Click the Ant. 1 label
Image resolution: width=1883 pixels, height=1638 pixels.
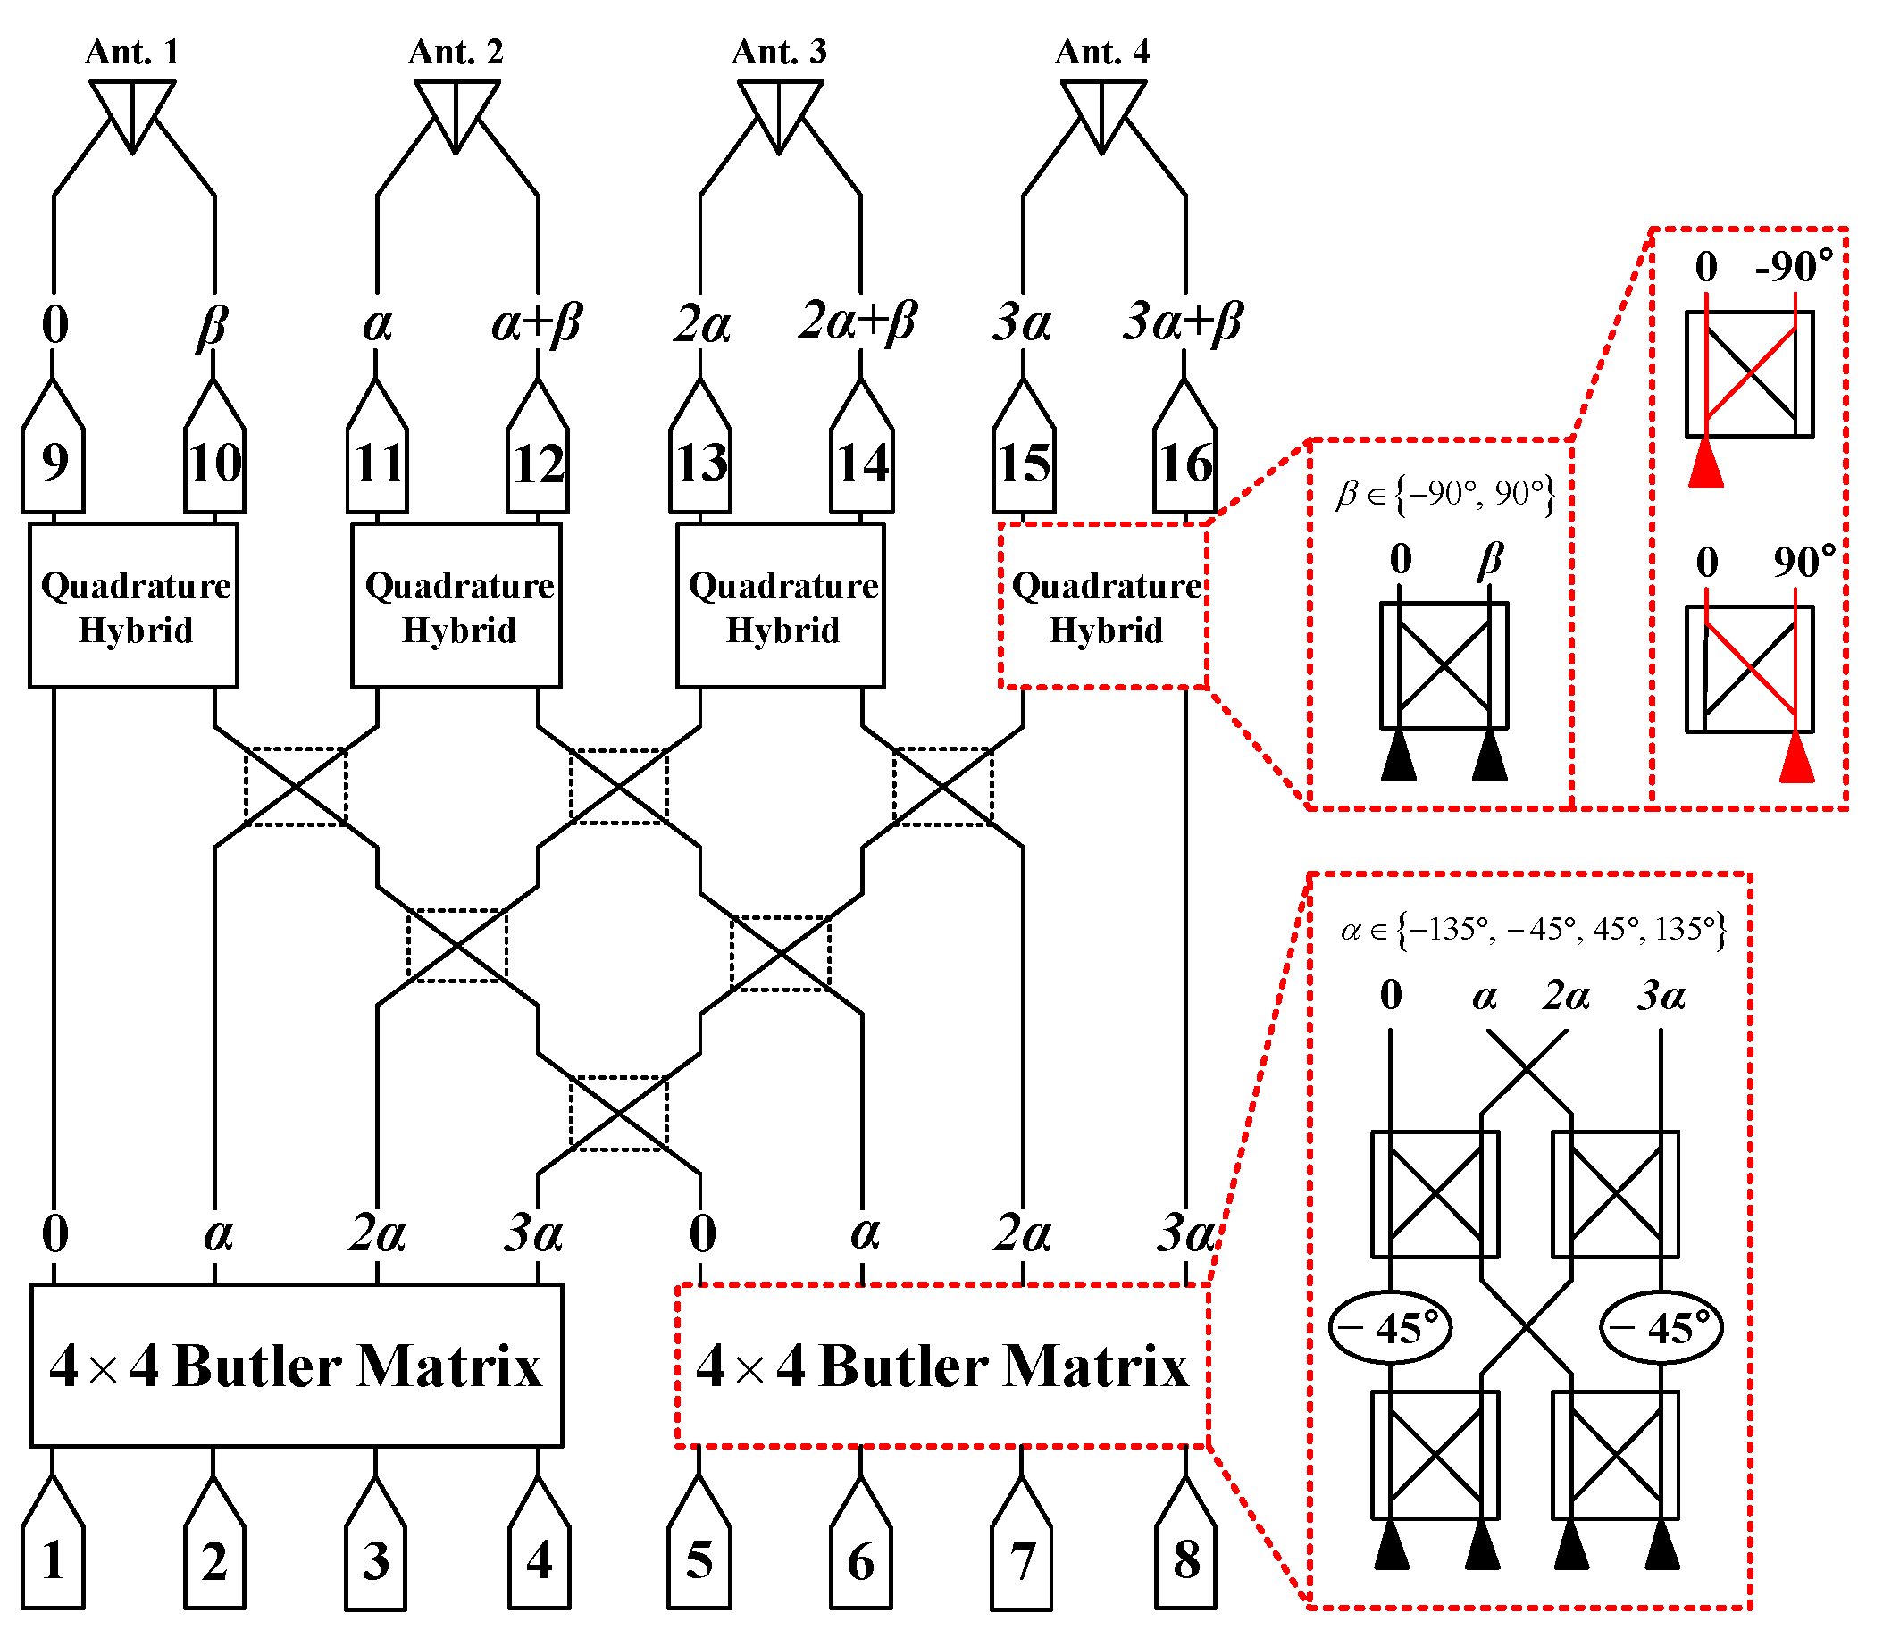click(x=132, y=52)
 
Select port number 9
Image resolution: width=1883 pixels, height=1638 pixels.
click(x=54, y=463)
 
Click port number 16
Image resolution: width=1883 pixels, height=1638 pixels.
click(x=1184, y=463)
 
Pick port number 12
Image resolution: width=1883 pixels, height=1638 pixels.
click(x=538, y=463)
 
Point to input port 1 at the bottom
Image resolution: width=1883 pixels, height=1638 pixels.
click(x=53, y=1559)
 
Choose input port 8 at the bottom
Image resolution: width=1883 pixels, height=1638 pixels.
click(x=1185, y=1559)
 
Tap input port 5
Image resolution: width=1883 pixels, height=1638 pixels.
click(x=699, y=1559)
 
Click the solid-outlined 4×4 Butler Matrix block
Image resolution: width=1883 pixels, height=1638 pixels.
click(x=297, y=1366)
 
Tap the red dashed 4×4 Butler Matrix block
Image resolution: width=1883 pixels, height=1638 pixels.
click(x=941, y=1366)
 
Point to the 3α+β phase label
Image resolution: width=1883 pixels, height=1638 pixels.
click(x=1182, y=322)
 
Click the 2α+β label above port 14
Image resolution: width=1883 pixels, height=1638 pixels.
click(x=858, y=322)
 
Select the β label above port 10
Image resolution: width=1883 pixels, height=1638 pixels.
click(x=212, y=324)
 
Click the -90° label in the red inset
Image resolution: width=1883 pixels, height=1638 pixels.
click(x=1794, y=267)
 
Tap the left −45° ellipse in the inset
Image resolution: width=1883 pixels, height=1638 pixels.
click(x=1389, y=1328)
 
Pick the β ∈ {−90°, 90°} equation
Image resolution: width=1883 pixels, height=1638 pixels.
click(x=1444, y=495)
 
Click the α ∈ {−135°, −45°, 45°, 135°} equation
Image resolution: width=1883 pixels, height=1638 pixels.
click(x=1533, y=931)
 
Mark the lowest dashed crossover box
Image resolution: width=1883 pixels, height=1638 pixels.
click(x=619, y=1114)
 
